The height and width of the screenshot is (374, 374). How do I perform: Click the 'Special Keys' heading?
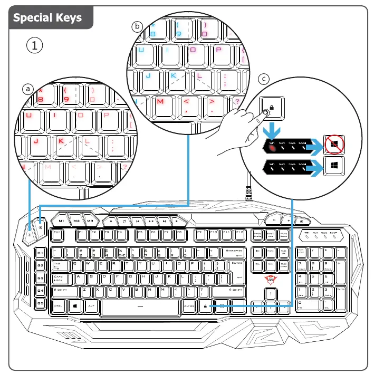pos(47,17)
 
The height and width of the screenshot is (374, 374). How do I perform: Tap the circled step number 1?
pos(34,45)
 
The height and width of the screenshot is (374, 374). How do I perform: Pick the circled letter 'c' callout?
pos(265,79)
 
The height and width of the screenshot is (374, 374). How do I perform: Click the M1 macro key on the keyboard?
pos(62,220)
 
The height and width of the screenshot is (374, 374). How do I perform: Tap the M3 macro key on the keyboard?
pos(90,220)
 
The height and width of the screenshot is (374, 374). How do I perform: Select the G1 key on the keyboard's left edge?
pos(41,253)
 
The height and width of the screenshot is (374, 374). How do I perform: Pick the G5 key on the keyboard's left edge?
pos(41,303)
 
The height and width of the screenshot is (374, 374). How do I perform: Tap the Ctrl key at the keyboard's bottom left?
pos(59,305)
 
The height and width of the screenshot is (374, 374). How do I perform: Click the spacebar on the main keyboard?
pos(140,306)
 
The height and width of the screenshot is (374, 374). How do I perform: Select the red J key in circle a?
pos(35,141)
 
